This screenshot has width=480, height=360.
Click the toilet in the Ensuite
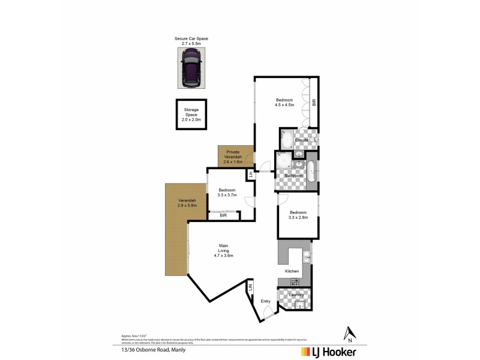[314, 140]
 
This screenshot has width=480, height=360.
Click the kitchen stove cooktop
[295, 281]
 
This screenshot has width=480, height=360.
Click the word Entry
[266, 301]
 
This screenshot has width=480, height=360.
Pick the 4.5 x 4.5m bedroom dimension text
[284, 104]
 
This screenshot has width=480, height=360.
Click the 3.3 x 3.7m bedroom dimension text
[228, 194]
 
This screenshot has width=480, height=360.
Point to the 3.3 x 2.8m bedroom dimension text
[298, 217]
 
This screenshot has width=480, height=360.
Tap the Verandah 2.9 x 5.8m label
[187, 203]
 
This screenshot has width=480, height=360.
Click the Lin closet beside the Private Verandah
[250, 175]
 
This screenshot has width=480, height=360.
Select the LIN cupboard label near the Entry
[250, 289]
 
